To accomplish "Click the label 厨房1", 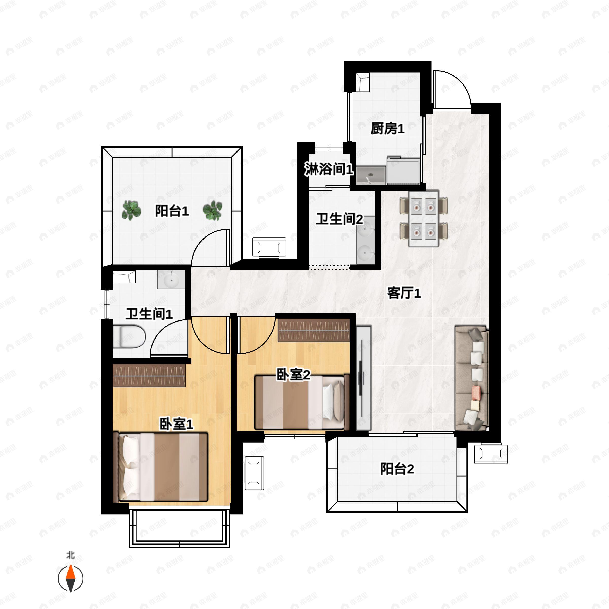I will coord(387,129).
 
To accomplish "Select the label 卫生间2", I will coord(340,219).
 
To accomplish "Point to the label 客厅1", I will coord(404,293).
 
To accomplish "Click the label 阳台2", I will coord(397,469).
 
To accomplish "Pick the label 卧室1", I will coord(176,424).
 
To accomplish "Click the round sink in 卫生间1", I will coord(171,280).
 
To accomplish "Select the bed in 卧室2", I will coord(302,402).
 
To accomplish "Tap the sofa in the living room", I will coord(471,378).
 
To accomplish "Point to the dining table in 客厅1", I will coord(424,218).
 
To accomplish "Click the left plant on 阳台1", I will coord(131,210).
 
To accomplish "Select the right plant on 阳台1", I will coord(212,210).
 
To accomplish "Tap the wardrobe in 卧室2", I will coord(314,330).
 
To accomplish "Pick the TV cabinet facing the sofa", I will coord(363,378).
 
